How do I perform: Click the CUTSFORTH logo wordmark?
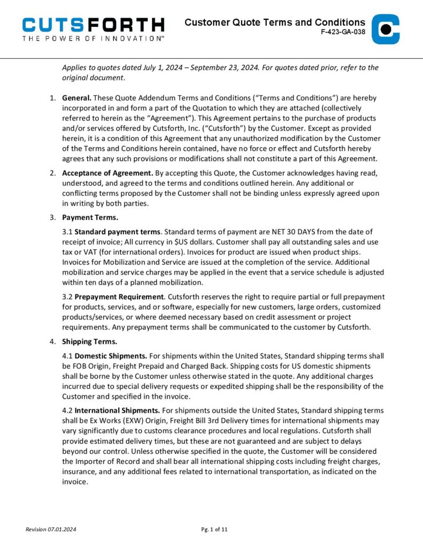point(93,24)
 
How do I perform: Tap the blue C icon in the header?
point(386,29)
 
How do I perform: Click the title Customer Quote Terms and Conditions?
point(275,22)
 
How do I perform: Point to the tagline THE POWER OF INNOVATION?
point(93,39)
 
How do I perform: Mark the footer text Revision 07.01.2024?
point(51,529)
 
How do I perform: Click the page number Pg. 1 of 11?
point(214,529)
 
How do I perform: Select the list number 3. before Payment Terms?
point(52,218)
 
